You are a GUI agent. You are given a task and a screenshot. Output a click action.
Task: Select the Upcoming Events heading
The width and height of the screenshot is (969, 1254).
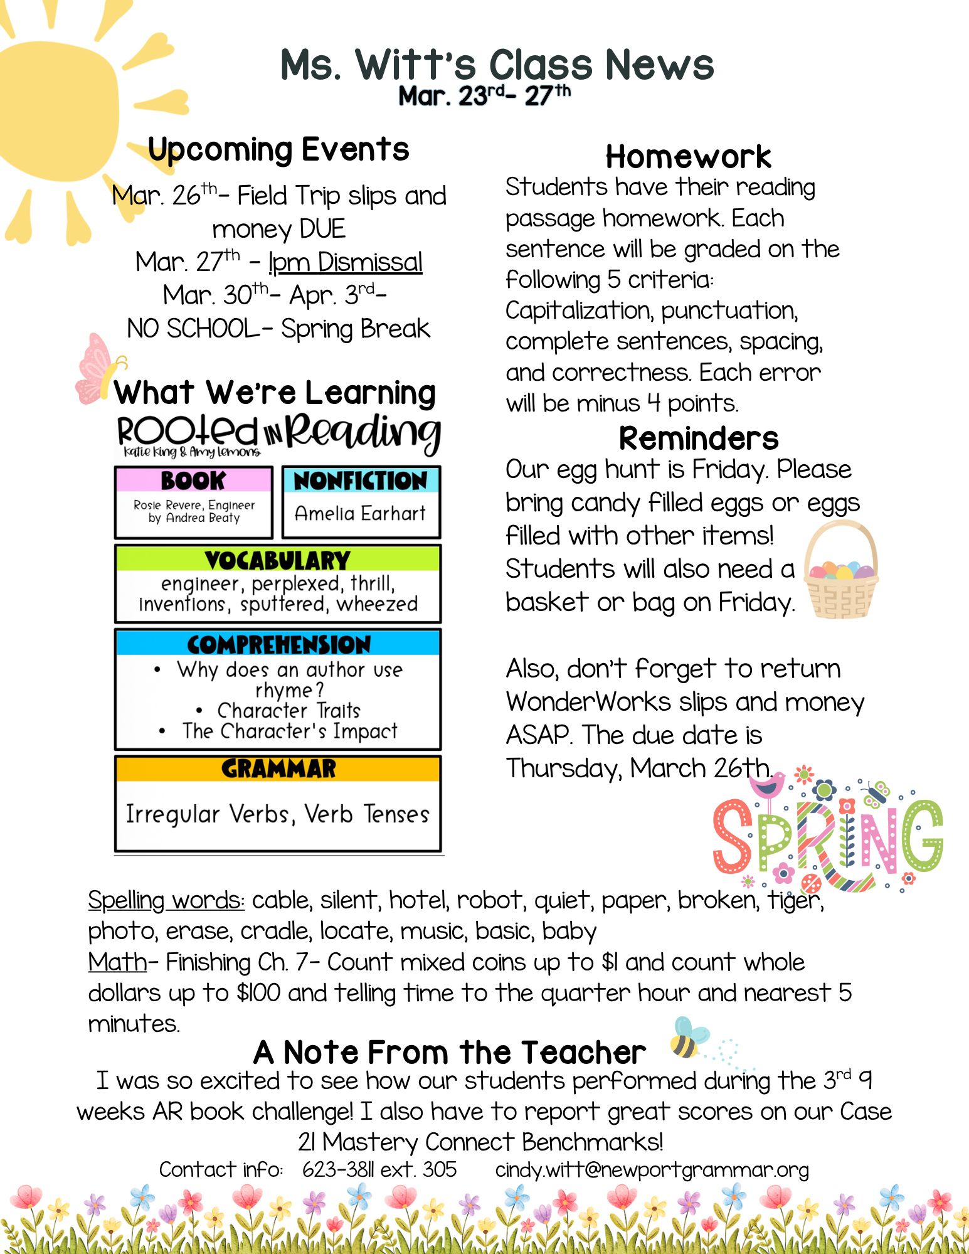(278, 150)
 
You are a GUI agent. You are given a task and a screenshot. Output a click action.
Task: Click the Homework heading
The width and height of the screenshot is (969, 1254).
(688, 157)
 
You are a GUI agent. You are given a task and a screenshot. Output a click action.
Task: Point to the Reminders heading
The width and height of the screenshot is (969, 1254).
(698, 438)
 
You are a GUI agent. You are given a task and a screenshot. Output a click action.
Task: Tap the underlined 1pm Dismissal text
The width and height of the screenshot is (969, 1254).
(345, 262)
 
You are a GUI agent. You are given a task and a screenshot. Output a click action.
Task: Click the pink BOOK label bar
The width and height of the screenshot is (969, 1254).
(193, 481)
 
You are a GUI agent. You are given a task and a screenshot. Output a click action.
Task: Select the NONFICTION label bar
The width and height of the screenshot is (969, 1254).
(361, 481)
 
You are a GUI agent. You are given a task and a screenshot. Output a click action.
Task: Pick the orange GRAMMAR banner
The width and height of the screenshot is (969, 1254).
(278, 768)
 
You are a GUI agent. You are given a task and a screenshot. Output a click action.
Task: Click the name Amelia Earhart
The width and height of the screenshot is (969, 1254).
(360, 514)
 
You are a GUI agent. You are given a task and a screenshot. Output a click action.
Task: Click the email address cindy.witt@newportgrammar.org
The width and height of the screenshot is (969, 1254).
(652, 1170)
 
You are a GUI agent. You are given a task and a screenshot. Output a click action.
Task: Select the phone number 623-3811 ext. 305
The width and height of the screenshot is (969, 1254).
(379, 1170)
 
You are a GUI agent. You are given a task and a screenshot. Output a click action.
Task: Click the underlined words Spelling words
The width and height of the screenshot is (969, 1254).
(166, 901)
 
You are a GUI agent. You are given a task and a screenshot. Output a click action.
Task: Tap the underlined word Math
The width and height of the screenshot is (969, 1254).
(117, 962)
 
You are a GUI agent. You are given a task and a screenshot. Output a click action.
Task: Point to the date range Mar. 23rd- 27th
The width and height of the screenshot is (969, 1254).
(484, 96)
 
